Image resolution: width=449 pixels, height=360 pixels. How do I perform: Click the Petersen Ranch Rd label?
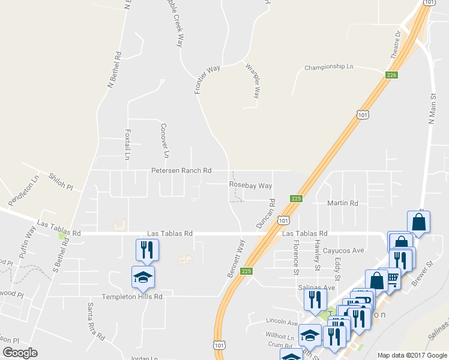tap(181, 171)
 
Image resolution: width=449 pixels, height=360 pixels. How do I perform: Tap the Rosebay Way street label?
tap(250, 186)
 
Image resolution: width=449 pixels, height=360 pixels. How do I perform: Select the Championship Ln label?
tap(329, 67)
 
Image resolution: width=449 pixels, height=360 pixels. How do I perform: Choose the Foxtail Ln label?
tap(127, 144)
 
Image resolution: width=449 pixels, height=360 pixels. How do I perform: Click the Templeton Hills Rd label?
tap(132, 296)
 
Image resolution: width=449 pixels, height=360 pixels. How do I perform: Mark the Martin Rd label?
tap(342, 203)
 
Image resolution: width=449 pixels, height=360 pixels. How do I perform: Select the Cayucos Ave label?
tap(344, 250)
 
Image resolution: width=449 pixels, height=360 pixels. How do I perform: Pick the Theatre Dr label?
tap(394, 45)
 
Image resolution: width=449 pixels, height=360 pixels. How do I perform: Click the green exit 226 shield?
tap(391, 75)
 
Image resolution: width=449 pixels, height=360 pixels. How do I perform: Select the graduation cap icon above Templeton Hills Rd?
tap(143, 277)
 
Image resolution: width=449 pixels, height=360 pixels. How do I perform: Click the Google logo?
tap(20, 353)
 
